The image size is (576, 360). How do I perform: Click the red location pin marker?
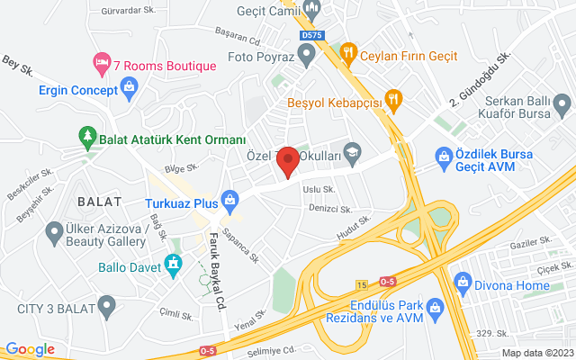coord(288,160)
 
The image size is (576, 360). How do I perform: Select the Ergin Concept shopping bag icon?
coord(130,88)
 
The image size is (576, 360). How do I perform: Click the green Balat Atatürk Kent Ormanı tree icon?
coord(88,139)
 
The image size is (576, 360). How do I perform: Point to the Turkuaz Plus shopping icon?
coord(229,196)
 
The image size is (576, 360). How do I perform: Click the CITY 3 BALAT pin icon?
coord(106,308)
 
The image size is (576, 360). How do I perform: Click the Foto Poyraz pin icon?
coord(307,55)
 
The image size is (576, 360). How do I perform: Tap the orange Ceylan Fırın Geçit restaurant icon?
coord(347,54)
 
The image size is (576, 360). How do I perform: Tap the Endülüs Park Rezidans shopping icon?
coord(435,309)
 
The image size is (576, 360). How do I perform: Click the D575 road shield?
coord(310,35)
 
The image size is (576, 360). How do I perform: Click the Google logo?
coord(31,349)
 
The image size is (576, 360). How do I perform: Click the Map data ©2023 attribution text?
coord(536,353)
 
